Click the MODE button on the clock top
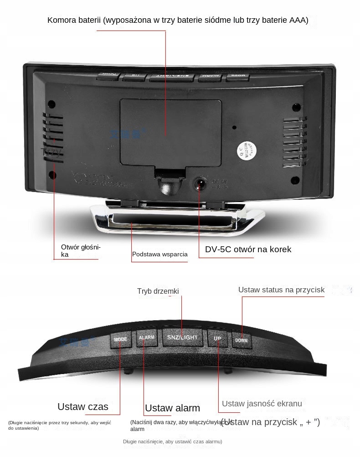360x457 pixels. coord(121,339)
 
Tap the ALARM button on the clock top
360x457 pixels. coord(147,338)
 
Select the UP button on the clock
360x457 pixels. coord(217,338)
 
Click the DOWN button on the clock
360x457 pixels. coord(242,340)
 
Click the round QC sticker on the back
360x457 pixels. coord(246,150)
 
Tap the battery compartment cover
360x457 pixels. coord(171,132)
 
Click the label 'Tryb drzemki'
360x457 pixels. coord(158,291)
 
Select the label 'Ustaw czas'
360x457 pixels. coord(83,406)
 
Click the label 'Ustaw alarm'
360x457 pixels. coord(172,408)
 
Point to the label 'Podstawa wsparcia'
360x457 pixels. coord(160,254)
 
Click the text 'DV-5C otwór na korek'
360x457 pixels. coord(248,249)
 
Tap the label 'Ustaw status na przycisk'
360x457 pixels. coord(281,290)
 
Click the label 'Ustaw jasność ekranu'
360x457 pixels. coord(262,403)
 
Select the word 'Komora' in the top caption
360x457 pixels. coord(61,20)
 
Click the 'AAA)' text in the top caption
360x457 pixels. coord(299,20)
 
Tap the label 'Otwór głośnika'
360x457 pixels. coord(80,250)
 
